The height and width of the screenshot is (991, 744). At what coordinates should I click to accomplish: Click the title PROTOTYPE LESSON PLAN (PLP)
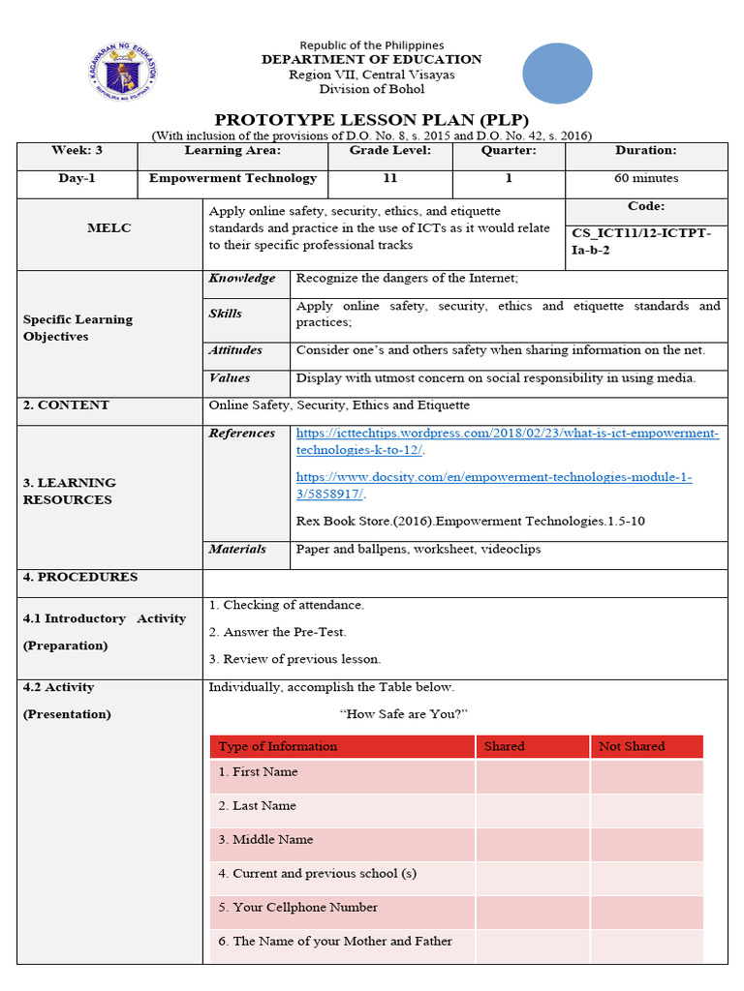pyautogui.click(x=371, y=119)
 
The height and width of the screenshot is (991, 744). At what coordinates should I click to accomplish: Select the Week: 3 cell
pyautogui.click(x=77, y=151)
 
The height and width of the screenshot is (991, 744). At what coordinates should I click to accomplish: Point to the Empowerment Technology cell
pyautogui.click(x=232, y=179)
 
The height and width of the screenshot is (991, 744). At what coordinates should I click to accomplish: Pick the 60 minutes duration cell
pyautogui.click(x=645, y=179)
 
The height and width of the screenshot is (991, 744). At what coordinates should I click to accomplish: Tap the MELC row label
pyautogui.click(x=110, y=228)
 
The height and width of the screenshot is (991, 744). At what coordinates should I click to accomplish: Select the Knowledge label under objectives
pyautogui.click(x=242, y=279)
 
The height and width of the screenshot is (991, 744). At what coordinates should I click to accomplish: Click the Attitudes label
pyautogui.click(x=235, y=350)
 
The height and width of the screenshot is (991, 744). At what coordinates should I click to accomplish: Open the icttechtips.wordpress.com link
pyautogui.click(x=507, y=441)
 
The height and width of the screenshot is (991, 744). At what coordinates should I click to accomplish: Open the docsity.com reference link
pyautogui.click(x=493, y=486)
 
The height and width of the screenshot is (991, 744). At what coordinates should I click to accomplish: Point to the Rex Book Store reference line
pyautogui.click(x=470, y=522)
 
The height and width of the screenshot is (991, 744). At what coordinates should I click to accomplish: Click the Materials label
pyautogui.click(x=237, y=550)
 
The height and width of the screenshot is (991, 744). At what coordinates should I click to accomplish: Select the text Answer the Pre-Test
pyautogui.click(x=277, y=632)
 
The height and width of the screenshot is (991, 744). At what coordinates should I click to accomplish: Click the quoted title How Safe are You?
pyautogui.click(x=404, y=714)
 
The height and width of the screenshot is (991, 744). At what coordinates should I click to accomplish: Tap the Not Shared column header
pyautogui.click(x=632, y=746)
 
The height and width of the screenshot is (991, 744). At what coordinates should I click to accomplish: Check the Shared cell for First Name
pyautogui.click(x=532, y=776)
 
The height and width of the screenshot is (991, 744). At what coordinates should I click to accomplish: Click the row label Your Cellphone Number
pyautogui.click(x=297, y=908)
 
